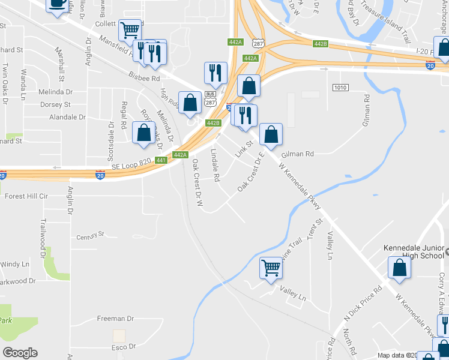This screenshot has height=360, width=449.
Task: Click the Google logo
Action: coord(20,352)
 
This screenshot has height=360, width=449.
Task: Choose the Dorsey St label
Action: coord(55,104)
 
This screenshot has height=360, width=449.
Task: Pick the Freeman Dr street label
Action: coord(114,319)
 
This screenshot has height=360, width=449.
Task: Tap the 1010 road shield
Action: coord(340,88)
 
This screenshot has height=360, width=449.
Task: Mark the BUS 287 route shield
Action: coord(210,98)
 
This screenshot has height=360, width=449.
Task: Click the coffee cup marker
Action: coord(57,5)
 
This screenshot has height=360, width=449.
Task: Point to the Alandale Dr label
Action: coord(68,118)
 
